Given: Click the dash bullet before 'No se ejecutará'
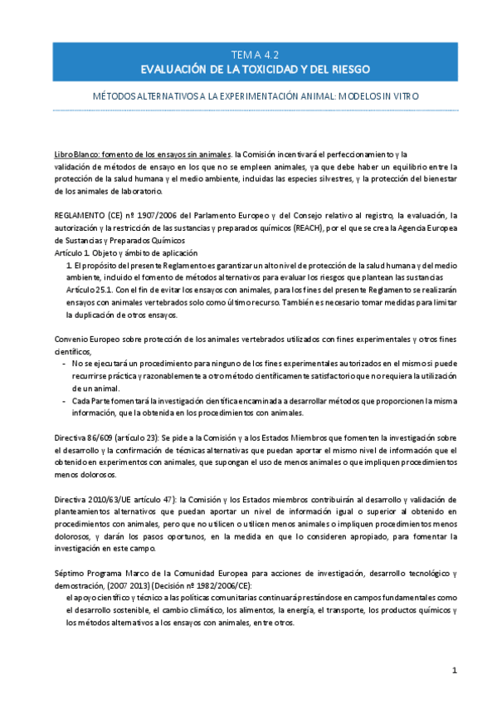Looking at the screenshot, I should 66,364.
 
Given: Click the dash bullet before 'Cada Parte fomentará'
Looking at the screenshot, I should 66,400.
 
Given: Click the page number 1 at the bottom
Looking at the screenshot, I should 455,671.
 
